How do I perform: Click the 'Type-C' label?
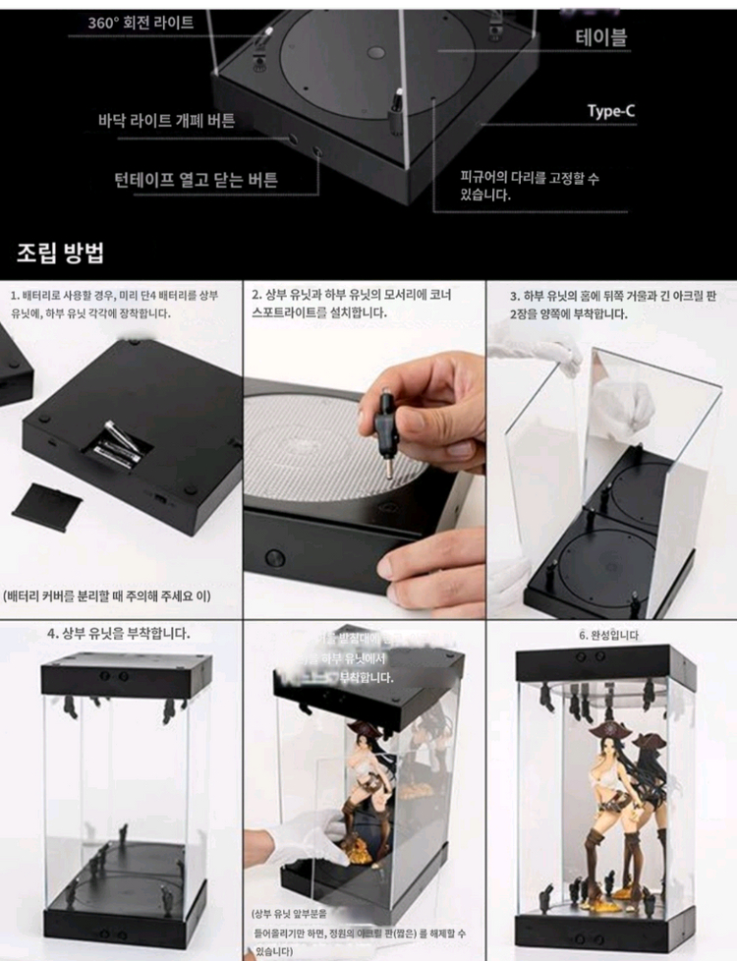click(x=610, y=111)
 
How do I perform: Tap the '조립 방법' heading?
click(x=60, y=253)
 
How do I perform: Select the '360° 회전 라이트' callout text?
click(x=141, y=22)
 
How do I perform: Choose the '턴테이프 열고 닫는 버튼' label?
click(x=196, y=180)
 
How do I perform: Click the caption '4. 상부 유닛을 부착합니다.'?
click(x=119, y=633)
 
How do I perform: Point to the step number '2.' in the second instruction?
click(x=255, y=294)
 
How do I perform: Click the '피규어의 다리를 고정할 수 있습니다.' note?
click(x=529, y=187)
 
